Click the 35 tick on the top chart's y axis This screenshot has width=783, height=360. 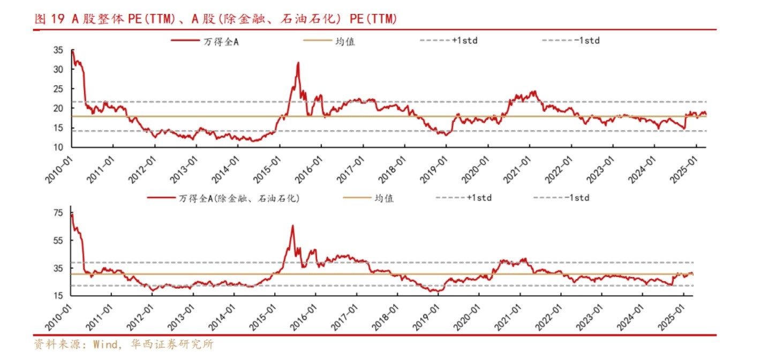pos(59,50)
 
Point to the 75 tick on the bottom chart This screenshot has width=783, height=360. pos(59,213)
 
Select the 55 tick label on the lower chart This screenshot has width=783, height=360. pos(59,241)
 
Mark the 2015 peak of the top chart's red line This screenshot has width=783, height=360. pos(298,63)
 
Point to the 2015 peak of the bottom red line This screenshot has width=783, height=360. pos(292,226)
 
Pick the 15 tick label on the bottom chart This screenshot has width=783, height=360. pos(59,296)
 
